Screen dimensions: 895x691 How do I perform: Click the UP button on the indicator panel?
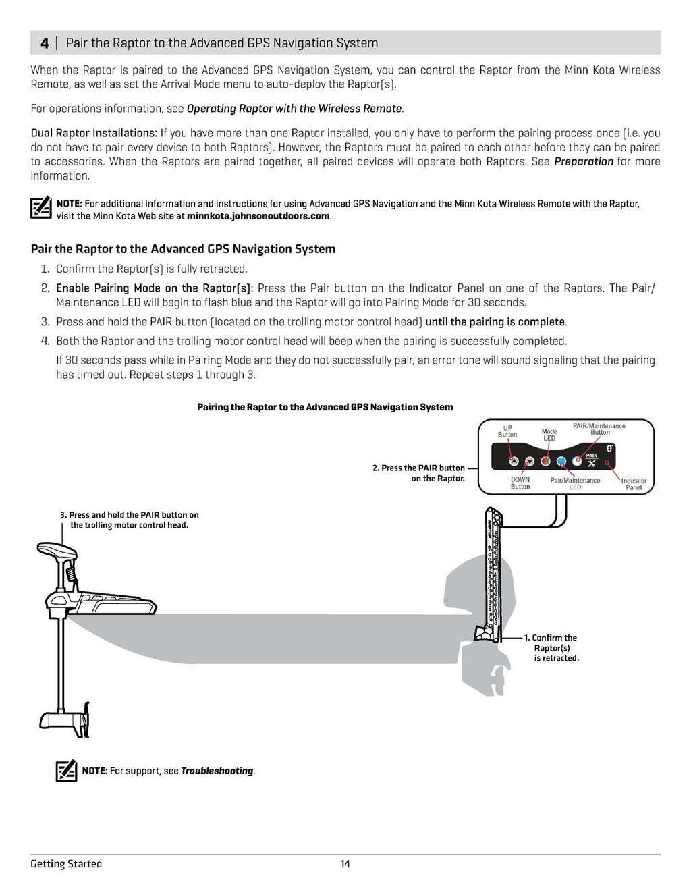tap(514, 462)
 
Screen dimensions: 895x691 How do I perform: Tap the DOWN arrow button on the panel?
tap(530, 462)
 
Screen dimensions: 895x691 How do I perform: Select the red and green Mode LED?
tap(546, 462)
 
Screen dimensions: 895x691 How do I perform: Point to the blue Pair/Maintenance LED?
tap(561, 462)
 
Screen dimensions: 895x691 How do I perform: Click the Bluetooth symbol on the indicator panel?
tap(609, 448)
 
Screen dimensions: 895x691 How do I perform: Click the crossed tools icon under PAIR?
tap(592, 464)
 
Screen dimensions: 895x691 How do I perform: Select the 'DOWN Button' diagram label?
tap(520, 483)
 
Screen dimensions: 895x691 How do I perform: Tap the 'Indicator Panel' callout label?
tap(634, 484)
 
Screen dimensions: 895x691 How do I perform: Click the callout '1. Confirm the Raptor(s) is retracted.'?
tap(555, 647)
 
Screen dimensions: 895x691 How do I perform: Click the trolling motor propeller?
tap(87, 720)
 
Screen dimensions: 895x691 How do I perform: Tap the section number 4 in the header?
tap(45, 43)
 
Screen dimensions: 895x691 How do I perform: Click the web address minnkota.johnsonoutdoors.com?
tap(258, 216)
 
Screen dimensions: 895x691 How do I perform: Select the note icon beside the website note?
tap(41, 207)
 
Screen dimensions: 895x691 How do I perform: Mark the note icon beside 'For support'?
tap(66, 770)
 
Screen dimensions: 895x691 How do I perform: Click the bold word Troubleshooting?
tap(217, 771)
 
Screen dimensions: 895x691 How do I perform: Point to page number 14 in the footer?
tap(345, 864)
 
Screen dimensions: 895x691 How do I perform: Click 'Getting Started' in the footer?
tap(66, 864)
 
